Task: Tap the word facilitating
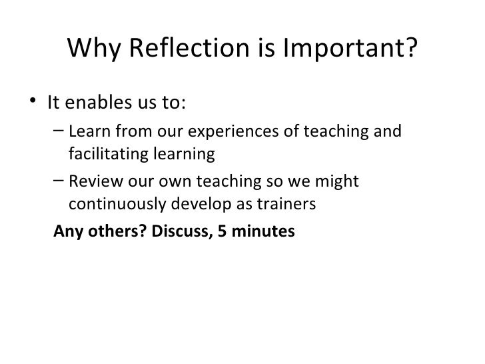(107, 155)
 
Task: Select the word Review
(93, 181)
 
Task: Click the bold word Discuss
(179, 231)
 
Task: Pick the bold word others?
(115, 231)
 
